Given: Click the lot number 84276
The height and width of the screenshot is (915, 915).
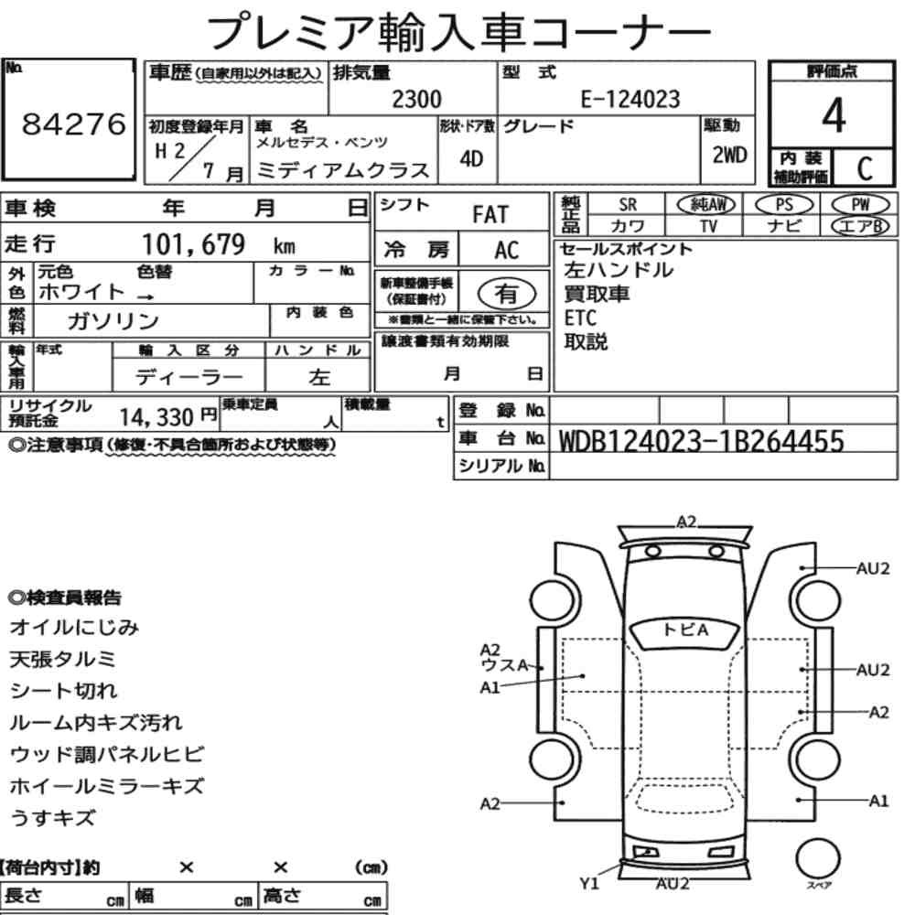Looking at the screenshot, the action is [73, 124].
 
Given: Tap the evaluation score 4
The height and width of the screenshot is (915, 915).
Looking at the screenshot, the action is [834, 115].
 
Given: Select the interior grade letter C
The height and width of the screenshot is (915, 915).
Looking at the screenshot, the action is [865, 168].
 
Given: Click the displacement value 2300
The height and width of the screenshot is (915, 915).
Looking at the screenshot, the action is [416, 99].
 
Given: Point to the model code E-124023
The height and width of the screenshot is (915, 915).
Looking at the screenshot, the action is [630, 99].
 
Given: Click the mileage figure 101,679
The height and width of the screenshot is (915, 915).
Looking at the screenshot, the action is [194, 244].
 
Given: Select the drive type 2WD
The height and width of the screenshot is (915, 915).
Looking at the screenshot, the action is [729, 156].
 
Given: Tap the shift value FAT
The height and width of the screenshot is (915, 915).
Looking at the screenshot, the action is [490, 215].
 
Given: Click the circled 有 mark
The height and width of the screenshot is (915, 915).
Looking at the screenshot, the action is [507, 293].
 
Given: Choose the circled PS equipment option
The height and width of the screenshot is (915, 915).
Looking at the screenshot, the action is [784, 205].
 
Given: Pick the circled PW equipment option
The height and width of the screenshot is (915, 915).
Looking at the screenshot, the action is [860, 205].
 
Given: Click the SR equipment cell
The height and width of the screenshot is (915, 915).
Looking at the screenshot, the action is [628, 205].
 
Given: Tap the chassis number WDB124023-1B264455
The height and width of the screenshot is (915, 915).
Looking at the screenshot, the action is [702, 441].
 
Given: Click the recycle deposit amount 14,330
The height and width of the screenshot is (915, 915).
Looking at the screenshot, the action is [156, 417].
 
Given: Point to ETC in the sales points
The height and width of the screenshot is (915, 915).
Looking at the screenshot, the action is [580, 318].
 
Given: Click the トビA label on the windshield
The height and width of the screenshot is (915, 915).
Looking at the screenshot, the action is [686, 630].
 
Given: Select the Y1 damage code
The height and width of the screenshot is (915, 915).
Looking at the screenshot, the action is [589, 884].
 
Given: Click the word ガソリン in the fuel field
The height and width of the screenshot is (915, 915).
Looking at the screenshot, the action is [113, 320].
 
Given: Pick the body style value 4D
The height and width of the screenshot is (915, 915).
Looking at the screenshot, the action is [471, 158].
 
